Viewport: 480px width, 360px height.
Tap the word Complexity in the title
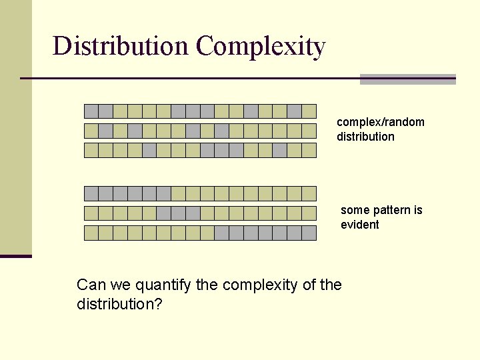261,47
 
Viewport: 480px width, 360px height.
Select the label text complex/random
381,122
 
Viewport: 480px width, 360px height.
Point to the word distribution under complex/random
365,137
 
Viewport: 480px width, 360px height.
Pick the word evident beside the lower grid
359,225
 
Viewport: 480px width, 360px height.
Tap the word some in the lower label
353,210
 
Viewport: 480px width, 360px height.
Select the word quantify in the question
163,285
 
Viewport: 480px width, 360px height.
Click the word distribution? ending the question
120,304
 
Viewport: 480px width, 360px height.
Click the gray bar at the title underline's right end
407,79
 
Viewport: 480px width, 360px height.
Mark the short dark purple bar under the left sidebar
16,256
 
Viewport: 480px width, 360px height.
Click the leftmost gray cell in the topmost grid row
91,111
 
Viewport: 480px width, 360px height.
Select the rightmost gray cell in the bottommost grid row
309,233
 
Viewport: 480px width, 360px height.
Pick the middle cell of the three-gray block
178,213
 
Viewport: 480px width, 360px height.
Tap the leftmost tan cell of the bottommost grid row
91,233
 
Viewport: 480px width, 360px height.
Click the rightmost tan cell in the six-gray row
309,194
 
